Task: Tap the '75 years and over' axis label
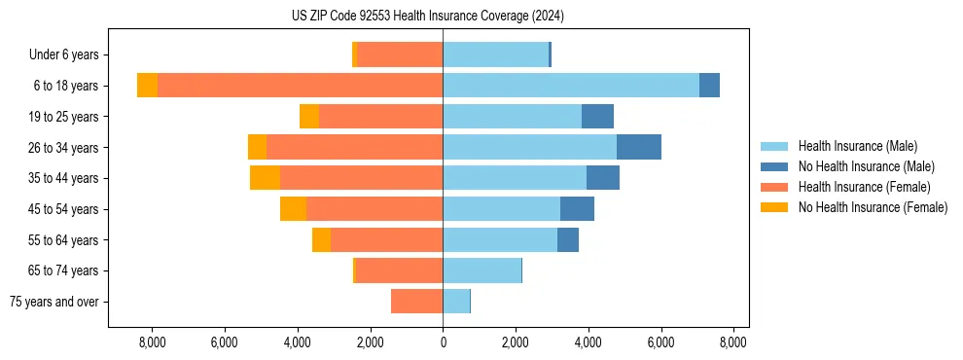click(x=54, y=302)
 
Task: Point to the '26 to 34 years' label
click(x=65, y=148)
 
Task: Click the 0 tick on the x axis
click(x=443, y=342)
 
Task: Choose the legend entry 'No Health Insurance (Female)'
click(x=873, y=207)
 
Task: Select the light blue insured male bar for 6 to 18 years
click(x=571, y=86)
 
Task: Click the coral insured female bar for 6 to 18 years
click(x=300, y=86)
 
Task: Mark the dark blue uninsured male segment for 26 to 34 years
click(x=639, y=147)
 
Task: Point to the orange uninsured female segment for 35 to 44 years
click(x=265, y=178)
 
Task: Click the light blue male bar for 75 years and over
click(x=456, y=302)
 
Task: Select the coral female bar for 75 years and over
click(x=416, y=302)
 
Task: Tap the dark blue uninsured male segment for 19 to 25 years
click(x=597, y=117)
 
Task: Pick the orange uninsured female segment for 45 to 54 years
click(x=293, y=209)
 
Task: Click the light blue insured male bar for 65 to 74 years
click(x=481, y=270)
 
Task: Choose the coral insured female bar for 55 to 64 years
click(x=386, y=240)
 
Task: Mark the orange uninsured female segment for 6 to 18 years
click(x=147, y=86)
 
